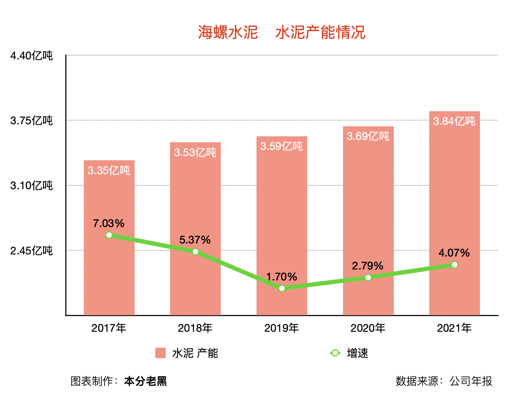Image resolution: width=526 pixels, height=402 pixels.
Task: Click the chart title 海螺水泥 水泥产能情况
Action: [x=281, y=32]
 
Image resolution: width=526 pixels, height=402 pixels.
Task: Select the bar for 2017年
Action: [x=109, y=266]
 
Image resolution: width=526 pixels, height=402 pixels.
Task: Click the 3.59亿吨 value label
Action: [x=281, y=146]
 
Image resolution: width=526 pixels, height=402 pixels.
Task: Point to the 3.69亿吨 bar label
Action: [x=368, y=136]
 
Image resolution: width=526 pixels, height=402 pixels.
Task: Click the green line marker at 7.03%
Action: [x=109, y=235]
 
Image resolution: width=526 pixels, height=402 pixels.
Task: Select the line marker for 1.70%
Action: [x=282, y=288]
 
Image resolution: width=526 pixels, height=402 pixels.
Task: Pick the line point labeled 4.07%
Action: [x=455, y=265]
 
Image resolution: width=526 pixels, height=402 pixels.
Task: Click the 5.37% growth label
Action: [x=195, y=240]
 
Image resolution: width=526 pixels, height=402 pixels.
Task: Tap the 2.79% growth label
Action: [x=367, y=266]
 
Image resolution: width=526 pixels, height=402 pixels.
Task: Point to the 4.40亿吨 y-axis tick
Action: [x=31, y=56]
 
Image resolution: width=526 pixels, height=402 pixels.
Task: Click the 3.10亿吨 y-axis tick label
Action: [x=31, y=186]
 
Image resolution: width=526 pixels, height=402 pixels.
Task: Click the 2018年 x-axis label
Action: [x=195, y=328]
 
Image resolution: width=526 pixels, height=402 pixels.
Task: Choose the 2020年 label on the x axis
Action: [x=368, y=328]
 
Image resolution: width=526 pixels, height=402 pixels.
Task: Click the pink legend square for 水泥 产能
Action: [x=160, y=353]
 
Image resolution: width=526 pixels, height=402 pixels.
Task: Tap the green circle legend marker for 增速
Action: [x=335, y=353]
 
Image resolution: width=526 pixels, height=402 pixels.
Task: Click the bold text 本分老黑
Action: [x=146, y=381]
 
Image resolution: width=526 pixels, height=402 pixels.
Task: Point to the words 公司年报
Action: [x=471, y=381]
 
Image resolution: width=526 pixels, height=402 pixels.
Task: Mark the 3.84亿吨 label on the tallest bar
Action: [x=454, y=121]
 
